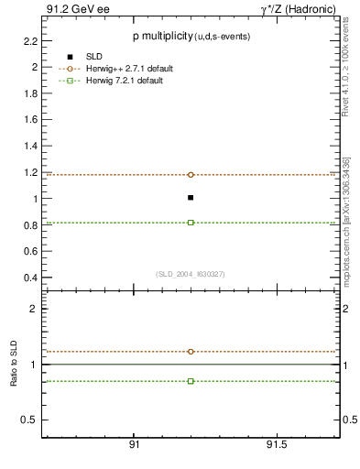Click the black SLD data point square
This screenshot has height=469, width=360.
[x=191, y=197]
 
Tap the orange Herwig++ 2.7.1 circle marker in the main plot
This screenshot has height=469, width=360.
[x=191, y=174]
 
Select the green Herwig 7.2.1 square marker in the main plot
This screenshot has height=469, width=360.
[x=191, y=222]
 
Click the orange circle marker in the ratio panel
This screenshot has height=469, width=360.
[x=191, y=351]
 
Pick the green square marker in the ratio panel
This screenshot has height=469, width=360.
[x=191, y=380]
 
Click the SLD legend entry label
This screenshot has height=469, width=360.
[x=96, y=57]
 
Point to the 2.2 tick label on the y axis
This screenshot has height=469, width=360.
[x=29, y=41]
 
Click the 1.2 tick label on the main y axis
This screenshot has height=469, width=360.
[x=29, y=172]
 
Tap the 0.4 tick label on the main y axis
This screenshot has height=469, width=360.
[x=29, y=278]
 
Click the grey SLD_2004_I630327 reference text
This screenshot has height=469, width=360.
[x=191, y=274]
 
